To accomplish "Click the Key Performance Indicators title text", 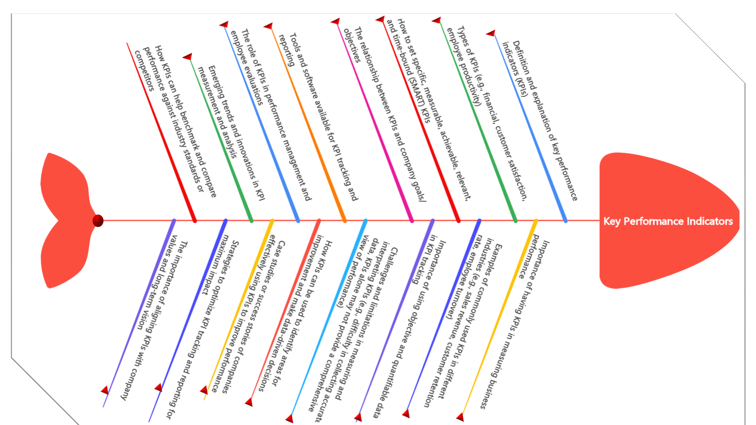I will pos(668,221).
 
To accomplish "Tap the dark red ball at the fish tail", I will pos(98,221).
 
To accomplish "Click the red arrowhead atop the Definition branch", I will pos(491,33).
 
